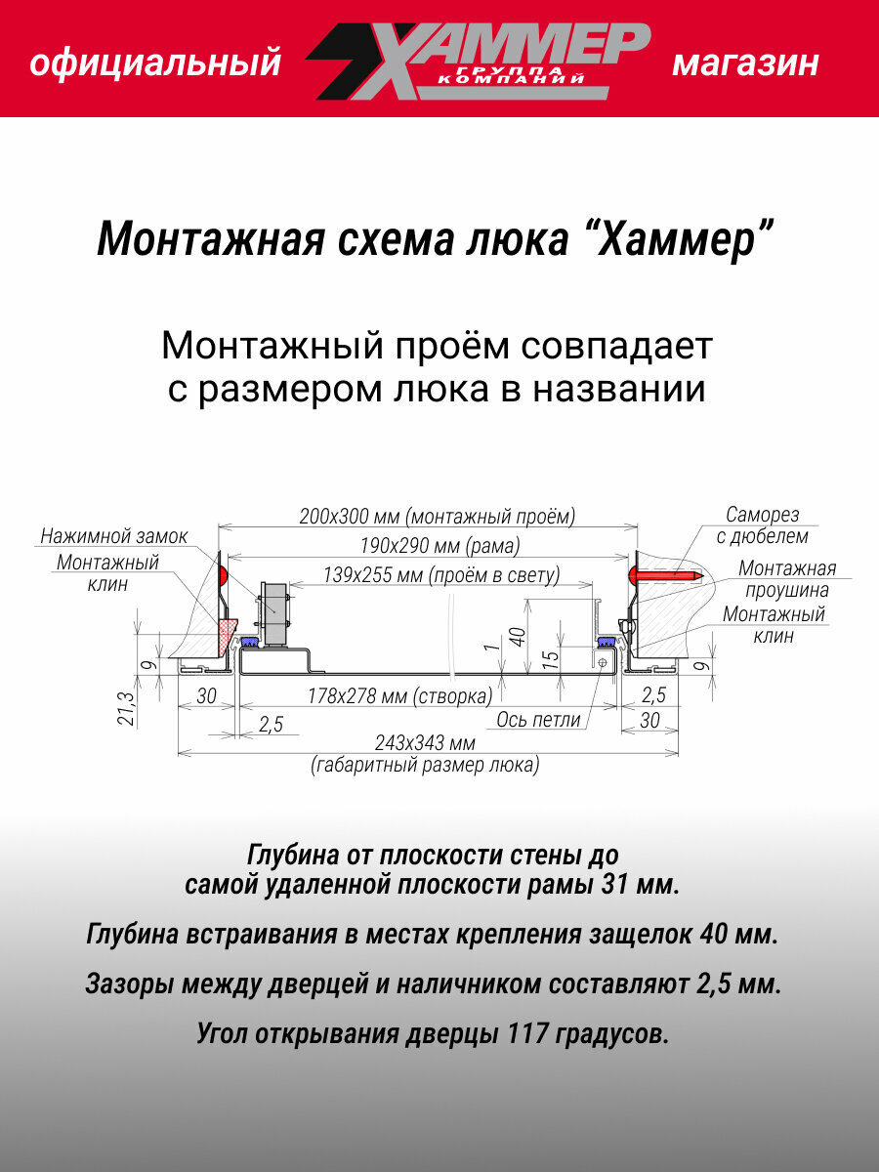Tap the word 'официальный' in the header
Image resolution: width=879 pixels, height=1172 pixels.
[x=155, y=64]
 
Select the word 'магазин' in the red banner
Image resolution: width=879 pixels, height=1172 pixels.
[x=745, y=64]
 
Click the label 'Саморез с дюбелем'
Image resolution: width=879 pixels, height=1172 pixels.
[x=762, y=524]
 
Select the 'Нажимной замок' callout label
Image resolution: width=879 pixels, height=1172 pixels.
[x=114, y=536]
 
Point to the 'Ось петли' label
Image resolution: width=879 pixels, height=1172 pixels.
[x=538, y=720]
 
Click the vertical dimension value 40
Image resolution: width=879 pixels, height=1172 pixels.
[x=519, y=637]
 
